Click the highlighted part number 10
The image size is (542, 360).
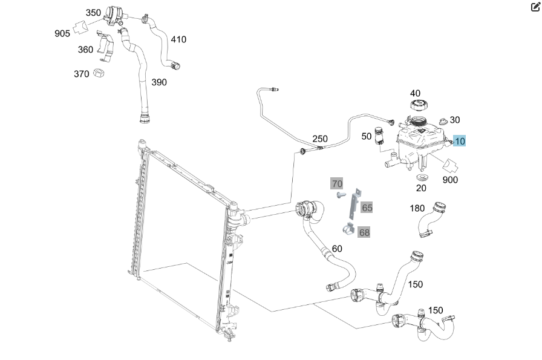tap(460, 142)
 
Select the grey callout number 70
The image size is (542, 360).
tap(337, 183)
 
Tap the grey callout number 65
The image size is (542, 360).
tap(367, 208)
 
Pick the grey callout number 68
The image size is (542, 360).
tap(364, 232)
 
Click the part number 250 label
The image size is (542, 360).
tap(320, 139)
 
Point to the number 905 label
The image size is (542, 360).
tap(62, 33)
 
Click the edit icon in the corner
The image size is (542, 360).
tap(535, 7)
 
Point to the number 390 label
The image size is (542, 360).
tap(159, 82)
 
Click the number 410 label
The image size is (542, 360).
tap(178, 39)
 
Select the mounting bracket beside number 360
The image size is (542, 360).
tap(106, 49)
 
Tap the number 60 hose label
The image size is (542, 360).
tap(337, 249)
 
